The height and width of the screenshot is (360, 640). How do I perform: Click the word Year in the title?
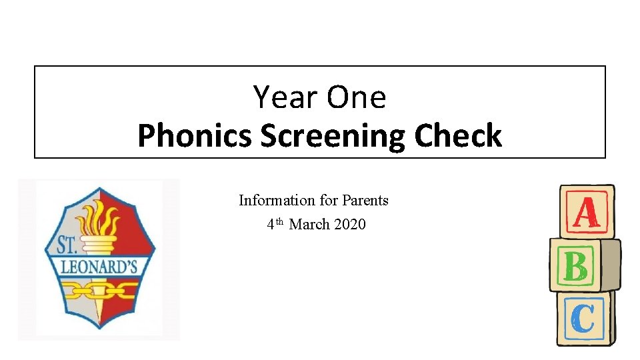(280, 97)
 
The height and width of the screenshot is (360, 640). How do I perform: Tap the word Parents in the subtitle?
(365, 200)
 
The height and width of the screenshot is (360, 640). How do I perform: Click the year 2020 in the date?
(349, 225)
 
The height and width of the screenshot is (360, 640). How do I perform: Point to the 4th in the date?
(274, 224)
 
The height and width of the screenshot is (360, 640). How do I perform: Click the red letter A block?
(586, 213)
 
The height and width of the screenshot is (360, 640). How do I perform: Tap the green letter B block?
(576, 266)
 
